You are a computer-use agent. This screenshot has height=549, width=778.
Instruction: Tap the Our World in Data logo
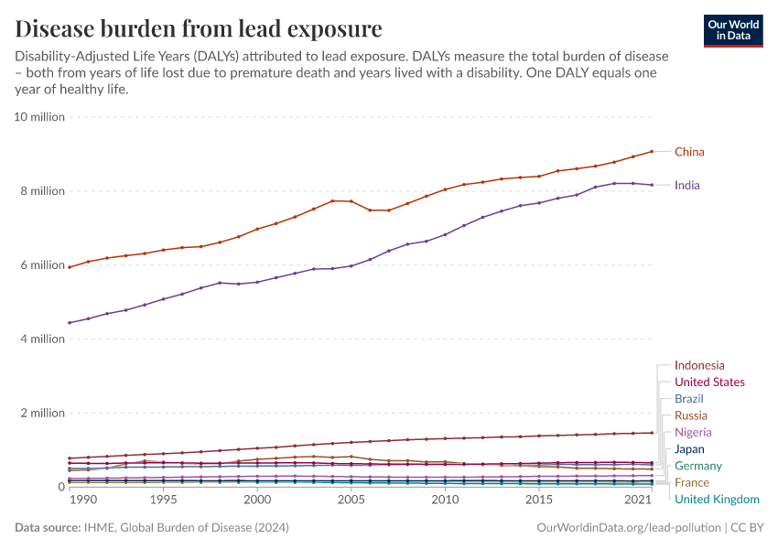[734, 30]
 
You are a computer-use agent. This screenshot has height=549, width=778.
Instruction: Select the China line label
[689, 152]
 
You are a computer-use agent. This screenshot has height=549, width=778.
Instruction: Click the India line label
[686, 185]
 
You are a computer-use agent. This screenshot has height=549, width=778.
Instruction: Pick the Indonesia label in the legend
[698, 365]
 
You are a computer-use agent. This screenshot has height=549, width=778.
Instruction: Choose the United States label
[708, 382]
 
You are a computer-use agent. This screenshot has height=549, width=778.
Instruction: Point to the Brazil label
[688, 399]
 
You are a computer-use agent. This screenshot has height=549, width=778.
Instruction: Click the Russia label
[690, 415]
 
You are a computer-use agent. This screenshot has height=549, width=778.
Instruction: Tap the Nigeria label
[692, 432]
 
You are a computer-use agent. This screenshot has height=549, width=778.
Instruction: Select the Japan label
[689, 449]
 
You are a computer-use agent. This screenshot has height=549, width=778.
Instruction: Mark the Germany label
[697, 466]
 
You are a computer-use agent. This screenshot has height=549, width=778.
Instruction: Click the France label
[691, 482]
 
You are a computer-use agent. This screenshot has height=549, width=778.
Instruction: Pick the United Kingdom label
[716, 499]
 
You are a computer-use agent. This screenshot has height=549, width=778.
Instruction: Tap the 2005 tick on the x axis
[351, 501]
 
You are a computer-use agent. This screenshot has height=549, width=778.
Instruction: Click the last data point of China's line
[652, 151]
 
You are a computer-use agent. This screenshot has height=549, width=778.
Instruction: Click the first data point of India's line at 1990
[70, 323]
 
